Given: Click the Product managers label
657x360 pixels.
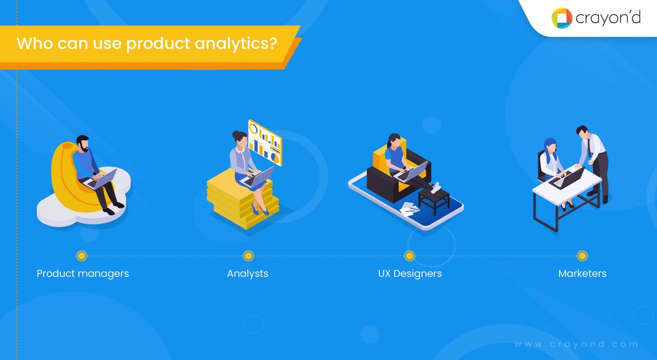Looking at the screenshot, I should pos(83,274).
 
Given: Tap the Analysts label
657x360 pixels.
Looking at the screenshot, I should pos(248,274).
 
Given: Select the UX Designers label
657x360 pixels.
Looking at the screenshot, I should pos(410,274).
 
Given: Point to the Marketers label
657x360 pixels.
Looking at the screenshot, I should pos(582,274).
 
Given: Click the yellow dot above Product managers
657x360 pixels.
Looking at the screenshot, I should pos(82,256).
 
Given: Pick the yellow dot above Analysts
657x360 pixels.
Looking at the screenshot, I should pos(248,256).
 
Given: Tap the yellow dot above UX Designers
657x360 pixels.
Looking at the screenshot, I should pos(410,256).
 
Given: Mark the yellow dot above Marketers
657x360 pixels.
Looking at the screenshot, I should pos(582,256).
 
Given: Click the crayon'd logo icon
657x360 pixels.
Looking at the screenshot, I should pos(562,18).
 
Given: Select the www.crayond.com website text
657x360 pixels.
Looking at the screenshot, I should pos(577,344).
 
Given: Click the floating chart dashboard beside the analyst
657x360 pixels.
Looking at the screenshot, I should pos(265,142).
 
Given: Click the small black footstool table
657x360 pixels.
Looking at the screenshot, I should pos(434,201).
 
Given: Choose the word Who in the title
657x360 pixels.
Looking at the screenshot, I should pos(35,44).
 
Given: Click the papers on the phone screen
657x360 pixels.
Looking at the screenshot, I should pos(409,209).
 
